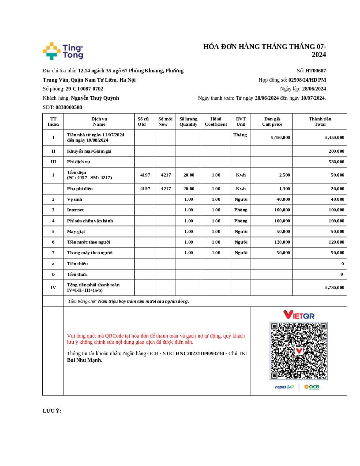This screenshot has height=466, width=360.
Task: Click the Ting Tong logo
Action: (x=63, y=51)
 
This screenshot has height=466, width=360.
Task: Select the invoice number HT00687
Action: (x=315, y=71)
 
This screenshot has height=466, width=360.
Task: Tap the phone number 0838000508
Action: (x=68, y=107)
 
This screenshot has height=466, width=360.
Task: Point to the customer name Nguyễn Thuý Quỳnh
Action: (x=95, y=98)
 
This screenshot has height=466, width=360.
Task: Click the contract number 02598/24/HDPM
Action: (x=307, y=80)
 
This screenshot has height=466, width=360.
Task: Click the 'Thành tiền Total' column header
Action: (x=320, y=121)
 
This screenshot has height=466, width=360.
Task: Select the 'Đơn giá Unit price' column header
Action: (x=272, y=121)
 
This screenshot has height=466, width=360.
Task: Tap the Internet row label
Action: (x=75, y=210)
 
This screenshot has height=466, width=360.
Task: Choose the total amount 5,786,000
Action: (x=334, y=287)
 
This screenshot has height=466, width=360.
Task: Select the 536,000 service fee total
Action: (x=336, y=162)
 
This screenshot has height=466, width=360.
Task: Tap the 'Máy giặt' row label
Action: (x=76, y=232)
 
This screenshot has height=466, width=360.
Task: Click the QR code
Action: (x=299, y=351)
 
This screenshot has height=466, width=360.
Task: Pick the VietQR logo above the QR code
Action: (x=299, y=315)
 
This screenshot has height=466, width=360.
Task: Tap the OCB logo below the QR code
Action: (x=311, y=387)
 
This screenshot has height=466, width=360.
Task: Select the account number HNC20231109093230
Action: (x=199, y=353)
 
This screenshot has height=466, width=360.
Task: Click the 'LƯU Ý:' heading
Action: (x=52, y=411)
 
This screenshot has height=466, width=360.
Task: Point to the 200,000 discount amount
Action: (x=336, y=151)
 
